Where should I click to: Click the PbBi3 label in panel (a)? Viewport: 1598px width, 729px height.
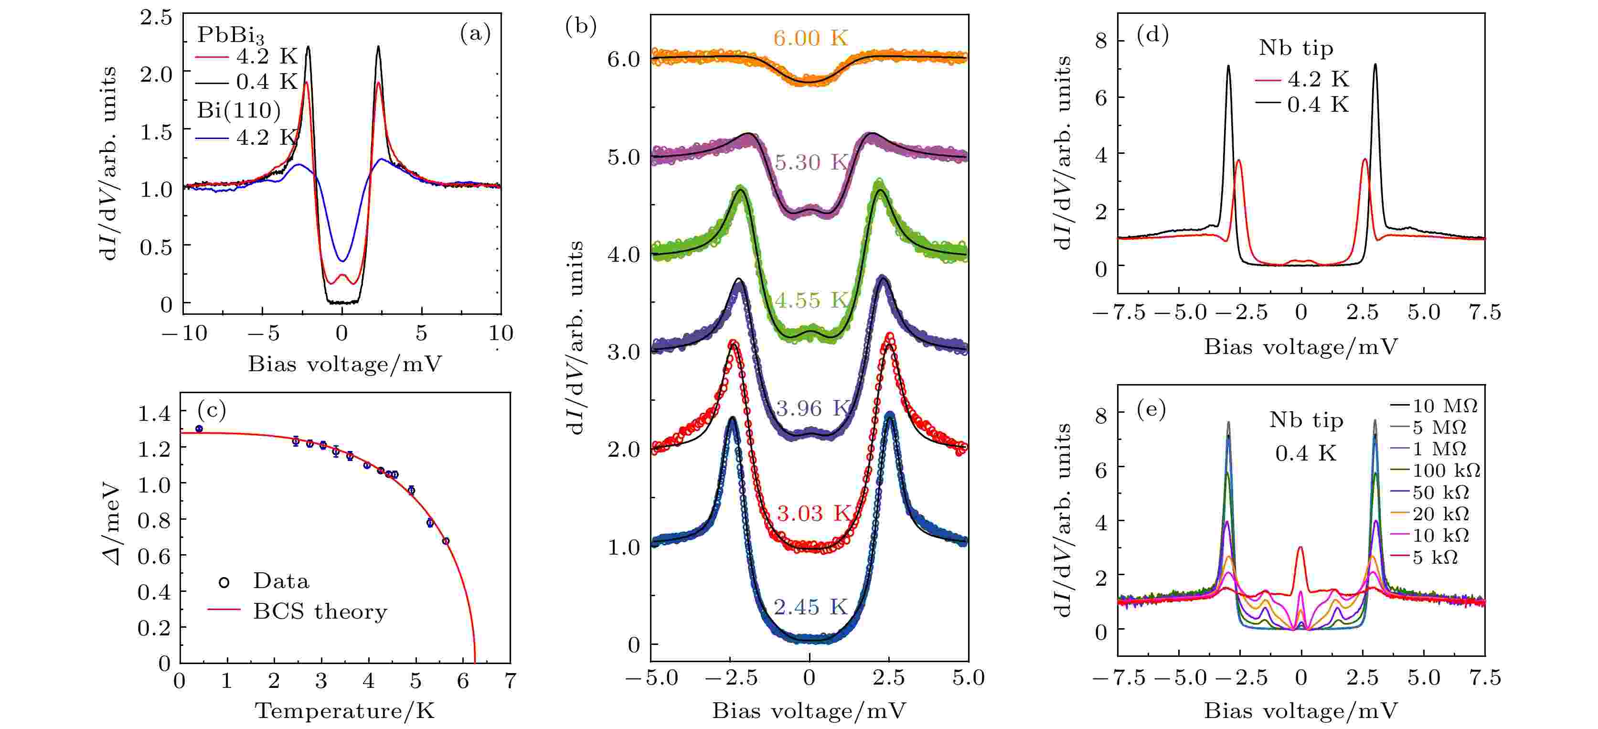230,35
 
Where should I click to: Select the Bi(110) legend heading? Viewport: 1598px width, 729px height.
239,110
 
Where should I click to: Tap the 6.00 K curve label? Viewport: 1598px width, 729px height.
810,39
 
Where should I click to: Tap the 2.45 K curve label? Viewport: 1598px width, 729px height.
810,607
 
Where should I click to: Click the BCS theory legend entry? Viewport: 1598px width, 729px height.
320,612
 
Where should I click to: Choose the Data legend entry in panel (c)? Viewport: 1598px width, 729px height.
280,581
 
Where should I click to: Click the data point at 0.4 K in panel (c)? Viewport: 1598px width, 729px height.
199,429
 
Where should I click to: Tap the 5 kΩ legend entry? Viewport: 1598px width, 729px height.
1434,557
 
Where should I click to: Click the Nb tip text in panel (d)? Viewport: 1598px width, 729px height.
1296,48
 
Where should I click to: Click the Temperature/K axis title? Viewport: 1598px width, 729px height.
345,711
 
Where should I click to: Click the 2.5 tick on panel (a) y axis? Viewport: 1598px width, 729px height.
156,17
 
